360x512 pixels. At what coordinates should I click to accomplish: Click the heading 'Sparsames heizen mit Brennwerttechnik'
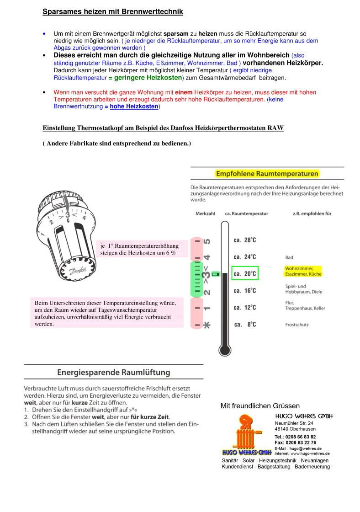[113, 12]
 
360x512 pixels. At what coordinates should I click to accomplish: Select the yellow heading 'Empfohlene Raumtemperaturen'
[267, 174]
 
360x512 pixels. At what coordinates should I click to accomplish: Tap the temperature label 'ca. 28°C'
[245, 240]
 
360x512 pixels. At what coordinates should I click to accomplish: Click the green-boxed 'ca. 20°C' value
[245, 274]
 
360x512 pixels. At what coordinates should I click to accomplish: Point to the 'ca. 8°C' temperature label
[245, 325]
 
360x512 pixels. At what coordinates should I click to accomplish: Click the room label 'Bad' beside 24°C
[289, 257]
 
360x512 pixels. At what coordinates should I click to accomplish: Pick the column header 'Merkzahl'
[205, 213]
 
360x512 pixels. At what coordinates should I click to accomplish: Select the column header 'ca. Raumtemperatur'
[246, 213]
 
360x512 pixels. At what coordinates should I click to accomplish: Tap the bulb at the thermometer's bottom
[224, 350]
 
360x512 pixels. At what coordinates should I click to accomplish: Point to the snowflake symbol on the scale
[207, 325]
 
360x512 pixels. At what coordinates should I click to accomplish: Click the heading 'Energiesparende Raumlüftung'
[114, 373]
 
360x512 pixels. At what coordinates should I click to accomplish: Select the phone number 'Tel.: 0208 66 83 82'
[295, 437]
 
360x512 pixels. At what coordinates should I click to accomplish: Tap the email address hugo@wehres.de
[306, 448]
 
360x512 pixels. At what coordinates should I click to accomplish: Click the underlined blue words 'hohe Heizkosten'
[134, 107]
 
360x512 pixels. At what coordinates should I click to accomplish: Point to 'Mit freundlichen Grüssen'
[260, 406]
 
